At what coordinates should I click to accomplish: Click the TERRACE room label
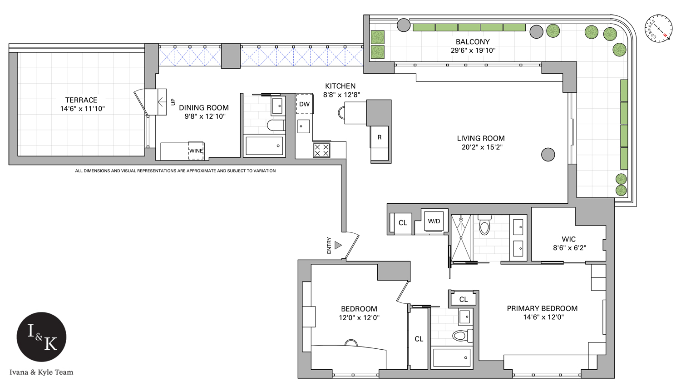click(x=81, y=100)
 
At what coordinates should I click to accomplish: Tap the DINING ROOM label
click(x=204, y=108)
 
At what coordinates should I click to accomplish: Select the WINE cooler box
click(x=196, y=151)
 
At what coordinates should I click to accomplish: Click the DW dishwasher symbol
click(x=304, y=104)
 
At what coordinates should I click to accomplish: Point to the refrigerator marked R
click(x=380, y=137)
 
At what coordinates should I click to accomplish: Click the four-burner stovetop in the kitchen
click(x=321, y=150)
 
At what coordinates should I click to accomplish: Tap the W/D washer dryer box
click(x=434, y=221)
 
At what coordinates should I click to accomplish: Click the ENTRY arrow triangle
click(x=338, y=246)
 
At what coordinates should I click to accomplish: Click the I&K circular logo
click(x=42, y=337)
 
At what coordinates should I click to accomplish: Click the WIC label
click(x=568, y=239)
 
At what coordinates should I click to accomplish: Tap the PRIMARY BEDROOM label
click(x=542, y=308)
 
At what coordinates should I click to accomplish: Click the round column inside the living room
click(x=548, y=155)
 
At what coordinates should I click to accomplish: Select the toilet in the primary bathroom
click(x=484, y=225)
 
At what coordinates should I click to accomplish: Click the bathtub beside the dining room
click(x=264, y=146)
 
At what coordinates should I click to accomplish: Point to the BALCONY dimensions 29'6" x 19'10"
click(x=473, y=50)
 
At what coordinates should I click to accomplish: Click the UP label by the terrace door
click(x=173, y=102)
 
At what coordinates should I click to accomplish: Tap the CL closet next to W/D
click(x=403, y=223)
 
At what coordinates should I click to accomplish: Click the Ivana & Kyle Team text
click(x=41, y=372)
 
